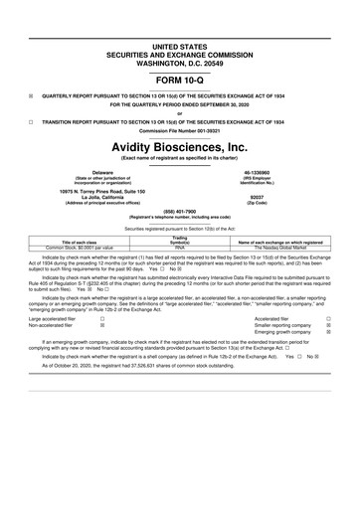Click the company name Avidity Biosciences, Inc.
pos(179,145)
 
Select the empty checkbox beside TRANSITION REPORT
pos(31,120)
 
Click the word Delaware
pos(93,171)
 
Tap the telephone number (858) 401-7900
pos(179,211)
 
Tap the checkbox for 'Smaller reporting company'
pos(329,324)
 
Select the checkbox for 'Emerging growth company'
pos(329,331)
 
